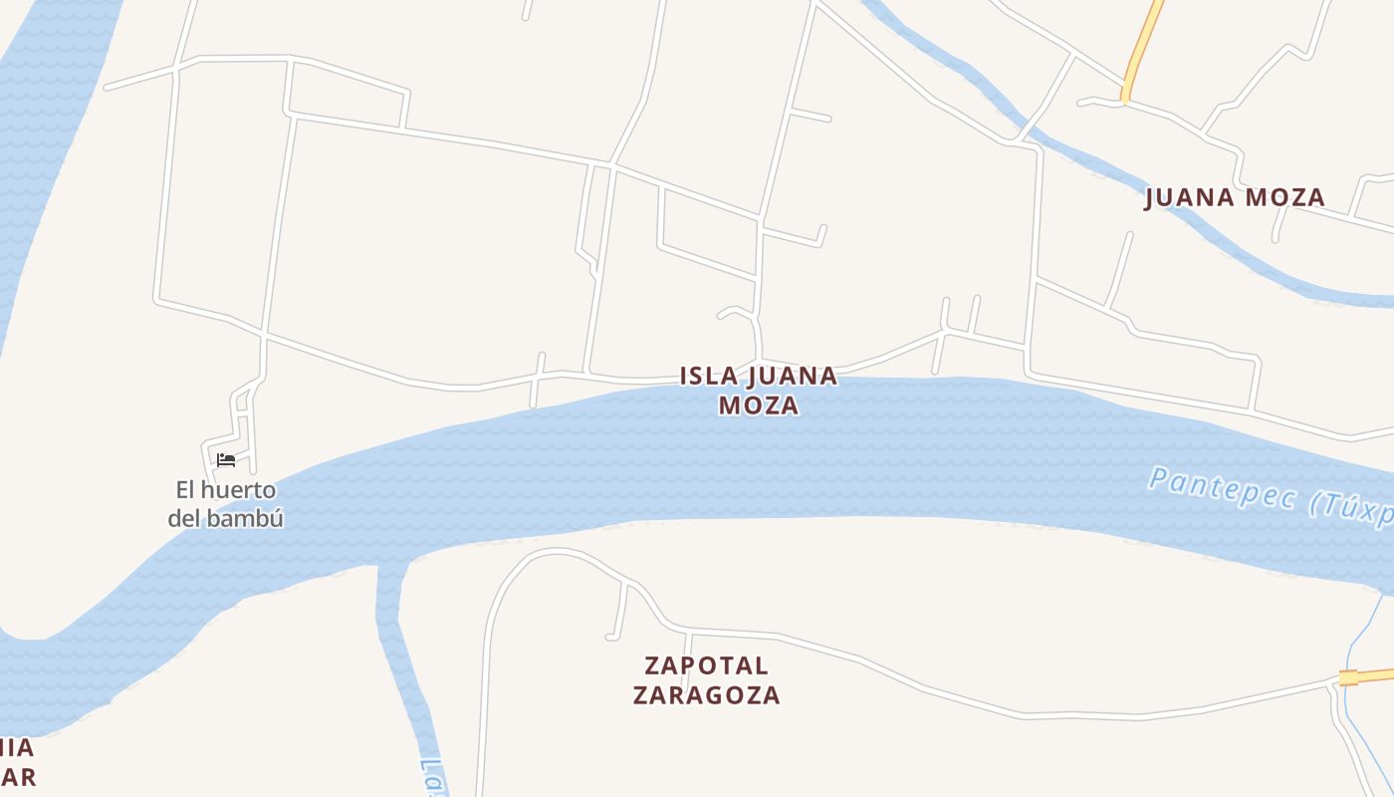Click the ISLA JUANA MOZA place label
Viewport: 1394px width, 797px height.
click(x=759, y=391)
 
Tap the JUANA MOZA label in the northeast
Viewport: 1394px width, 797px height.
click(x=1235, y=197)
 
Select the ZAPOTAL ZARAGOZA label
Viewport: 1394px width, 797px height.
click(x=706, y=679)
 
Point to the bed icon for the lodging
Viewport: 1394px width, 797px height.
click(x=226, y=460)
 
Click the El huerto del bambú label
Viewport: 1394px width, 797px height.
click(x=226, y=504)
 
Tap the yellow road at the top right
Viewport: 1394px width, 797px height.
click(x=1143, y=50)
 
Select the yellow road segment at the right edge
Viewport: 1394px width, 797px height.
click(x=1369, y=676)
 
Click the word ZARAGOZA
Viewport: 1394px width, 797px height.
click(x=706, y=694)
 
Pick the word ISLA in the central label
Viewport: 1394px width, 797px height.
click(x=710, y=377)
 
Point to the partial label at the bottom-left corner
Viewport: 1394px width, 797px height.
click(x=17, y=762)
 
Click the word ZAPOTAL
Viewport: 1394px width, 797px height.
click(x=706, y=664)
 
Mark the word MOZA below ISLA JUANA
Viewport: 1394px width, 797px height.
click(x=759, y=405)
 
